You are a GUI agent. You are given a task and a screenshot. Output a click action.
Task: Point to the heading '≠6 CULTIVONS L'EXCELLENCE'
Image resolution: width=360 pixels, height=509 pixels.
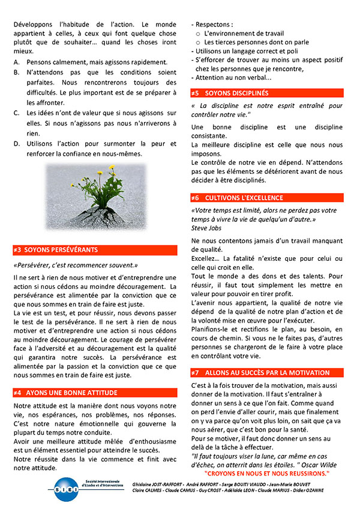point(237,198)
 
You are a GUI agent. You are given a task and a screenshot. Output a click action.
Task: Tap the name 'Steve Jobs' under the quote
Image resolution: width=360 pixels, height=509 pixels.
point(206,228)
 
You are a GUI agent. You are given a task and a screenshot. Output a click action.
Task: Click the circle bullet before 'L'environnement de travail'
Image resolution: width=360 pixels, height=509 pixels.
point(198,34)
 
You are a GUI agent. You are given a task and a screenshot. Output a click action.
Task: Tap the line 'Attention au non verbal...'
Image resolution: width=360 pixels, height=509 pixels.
point(233,78)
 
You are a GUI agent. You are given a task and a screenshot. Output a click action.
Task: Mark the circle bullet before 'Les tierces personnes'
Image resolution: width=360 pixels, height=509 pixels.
point(198,43)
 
